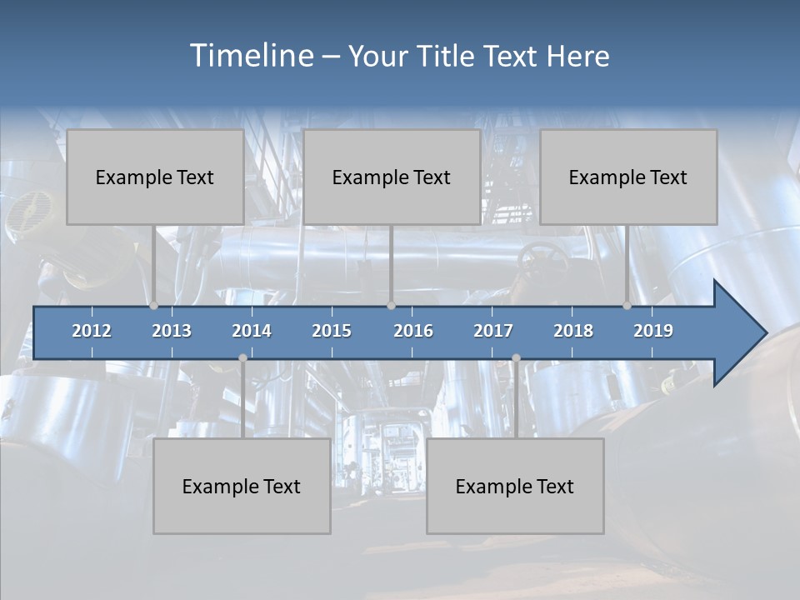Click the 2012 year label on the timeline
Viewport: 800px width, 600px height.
(x=92, y=331)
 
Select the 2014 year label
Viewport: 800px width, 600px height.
(x=252, y=331)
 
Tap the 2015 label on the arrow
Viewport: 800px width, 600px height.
(x=332, y=331)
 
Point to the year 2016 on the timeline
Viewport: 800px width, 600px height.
(x=413, y=331)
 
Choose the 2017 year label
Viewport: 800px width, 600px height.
(x=493, y=331)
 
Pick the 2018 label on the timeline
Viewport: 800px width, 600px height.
(x=573, y=331)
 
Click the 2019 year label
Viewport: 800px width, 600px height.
(x=653, y=331)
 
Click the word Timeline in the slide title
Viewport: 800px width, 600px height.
(x=251, y=56)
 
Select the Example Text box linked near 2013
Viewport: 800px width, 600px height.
(x=155, y=177)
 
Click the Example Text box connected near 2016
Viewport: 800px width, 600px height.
(x=392, y=177)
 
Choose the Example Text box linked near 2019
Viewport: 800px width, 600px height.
(x=628, y=177)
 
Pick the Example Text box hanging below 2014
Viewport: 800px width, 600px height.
(x=242, y=487)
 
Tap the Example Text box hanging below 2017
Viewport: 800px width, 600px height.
(x=515, y=487)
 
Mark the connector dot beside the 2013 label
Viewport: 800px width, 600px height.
(x=154, y=306)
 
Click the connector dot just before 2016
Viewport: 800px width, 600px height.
(x=391, y=306)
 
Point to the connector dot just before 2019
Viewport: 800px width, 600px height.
(x=627, y=306)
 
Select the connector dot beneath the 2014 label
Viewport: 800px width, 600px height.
(x=242, y=358)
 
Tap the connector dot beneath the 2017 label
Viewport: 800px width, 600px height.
(x=516, y=358)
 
